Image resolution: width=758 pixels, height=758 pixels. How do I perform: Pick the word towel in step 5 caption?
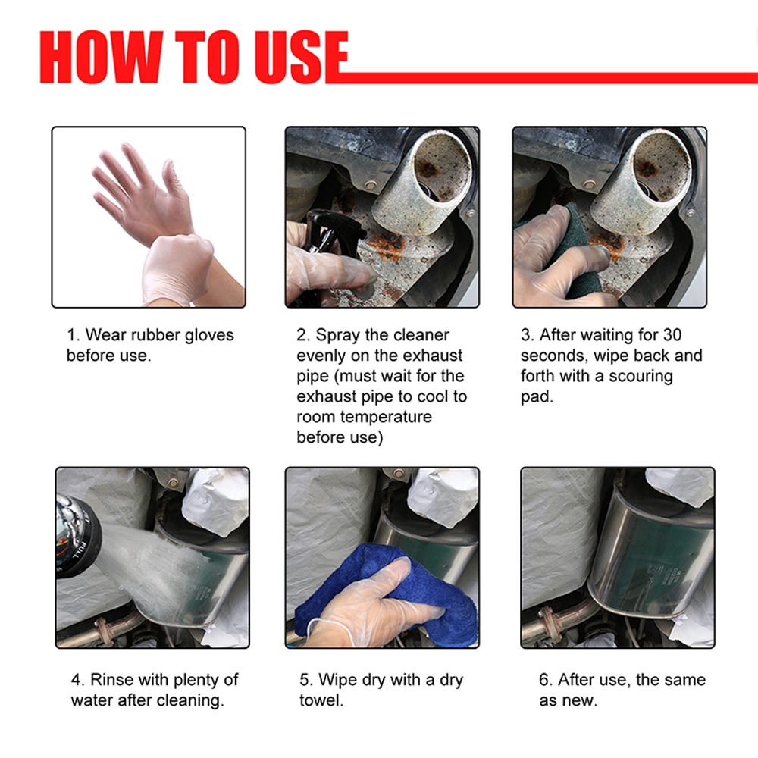pos(321,700)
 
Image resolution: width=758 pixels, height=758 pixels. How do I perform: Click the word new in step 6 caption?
pos(580,700)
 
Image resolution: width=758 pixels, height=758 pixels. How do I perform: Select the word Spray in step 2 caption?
pos(338,335)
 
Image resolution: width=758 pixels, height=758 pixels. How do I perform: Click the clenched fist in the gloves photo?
pos(178,265)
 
